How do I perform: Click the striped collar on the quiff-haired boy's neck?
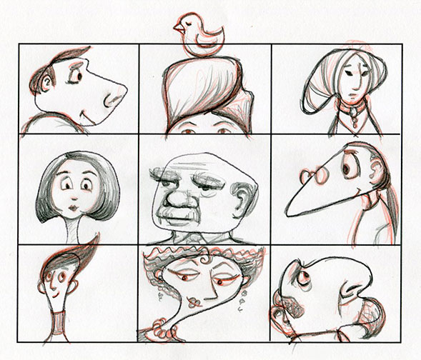[55, 325]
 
